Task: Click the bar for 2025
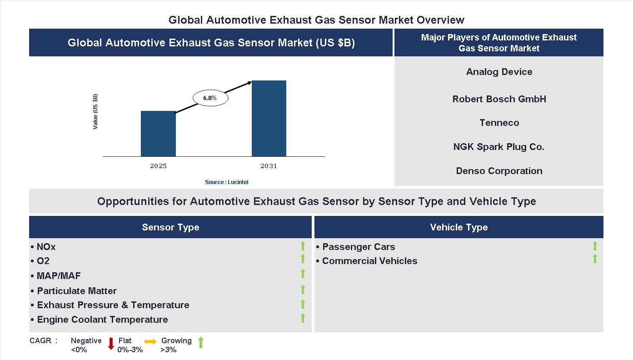point(158,134)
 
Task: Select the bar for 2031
point(269,119)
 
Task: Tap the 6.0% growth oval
point(210,98)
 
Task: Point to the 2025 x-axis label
point(158,166)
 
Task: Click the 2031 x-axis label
point(269,166)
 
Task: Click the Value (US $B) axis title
point(95,112)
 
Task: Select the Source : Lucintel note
point(227,182)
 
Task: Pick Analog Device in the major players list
point(499,72)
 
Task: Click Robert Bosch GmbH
point(499,99)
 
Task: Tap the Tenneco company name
point(499,123)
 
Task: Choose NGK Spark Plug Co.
point(499,147)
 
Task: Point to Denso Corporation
point(499,171)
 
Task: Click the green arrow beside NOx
point(303,246)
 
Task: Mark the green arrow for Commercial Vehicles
point(595,259)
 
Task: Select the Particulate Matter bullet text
point(77,291)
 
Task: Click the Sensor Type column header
point(170,227)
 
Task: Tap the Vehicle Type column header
point(459,227)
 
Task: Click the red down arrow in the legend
point(111,344)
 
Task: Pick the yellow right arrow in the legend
point(150,341)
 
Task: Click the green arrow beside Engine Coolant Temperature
point(303,318)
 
